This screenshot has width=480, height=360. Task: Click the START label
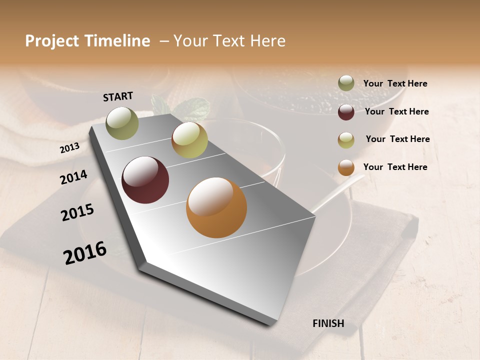118,96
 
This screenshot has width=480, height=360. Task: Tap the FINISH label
328,323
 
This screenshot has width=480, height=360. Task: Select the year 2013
69,148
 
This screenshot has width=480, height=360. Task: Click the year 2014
73,177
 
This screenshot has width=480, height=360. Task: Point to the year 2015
77,212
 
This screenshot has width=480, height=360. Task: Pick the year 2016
85,253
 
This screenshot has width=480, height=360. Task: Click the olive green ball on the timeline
122,123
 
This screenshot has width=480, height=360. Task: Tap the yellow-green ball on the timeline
189,140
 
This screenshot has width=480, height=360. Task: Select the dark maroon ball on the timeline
145,180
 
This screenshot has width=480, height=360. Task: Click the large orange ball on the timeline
216,207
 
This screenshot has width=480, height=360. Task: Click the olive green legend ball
346,83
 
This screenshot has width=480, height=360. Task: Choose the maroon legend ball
346,112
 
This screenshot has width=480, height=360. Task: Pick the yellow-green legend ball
346,140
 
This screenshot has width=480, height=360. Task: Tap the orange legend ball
346,167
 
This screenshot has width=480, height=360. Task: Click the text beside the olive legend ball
395,84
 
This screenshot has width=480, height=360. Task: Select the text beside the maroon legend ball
397,111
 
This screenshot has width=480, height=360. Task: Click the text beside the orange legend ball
395,167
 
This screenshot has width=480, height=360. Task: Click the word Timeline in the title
118,41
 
